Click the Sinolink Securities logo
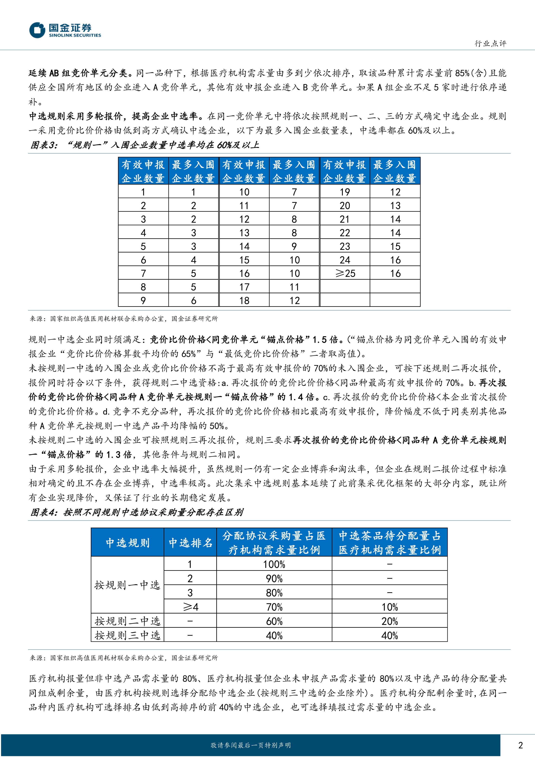coord(65,30)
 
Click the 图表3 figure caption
coord(145,145)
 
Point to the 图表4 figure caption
coord(137,512)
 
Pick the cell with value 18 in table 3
coord(244,300)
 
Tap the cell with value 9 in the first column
coord(143,300)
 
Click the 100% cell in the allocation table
coord(274,564)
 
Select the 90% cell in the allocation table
coord(274,578)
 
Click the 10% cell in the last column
coord(389,607)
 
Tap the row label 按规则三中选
coord(127,635)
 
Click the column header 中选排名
coord(190,543)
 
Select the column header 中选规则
coord(127,543)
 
